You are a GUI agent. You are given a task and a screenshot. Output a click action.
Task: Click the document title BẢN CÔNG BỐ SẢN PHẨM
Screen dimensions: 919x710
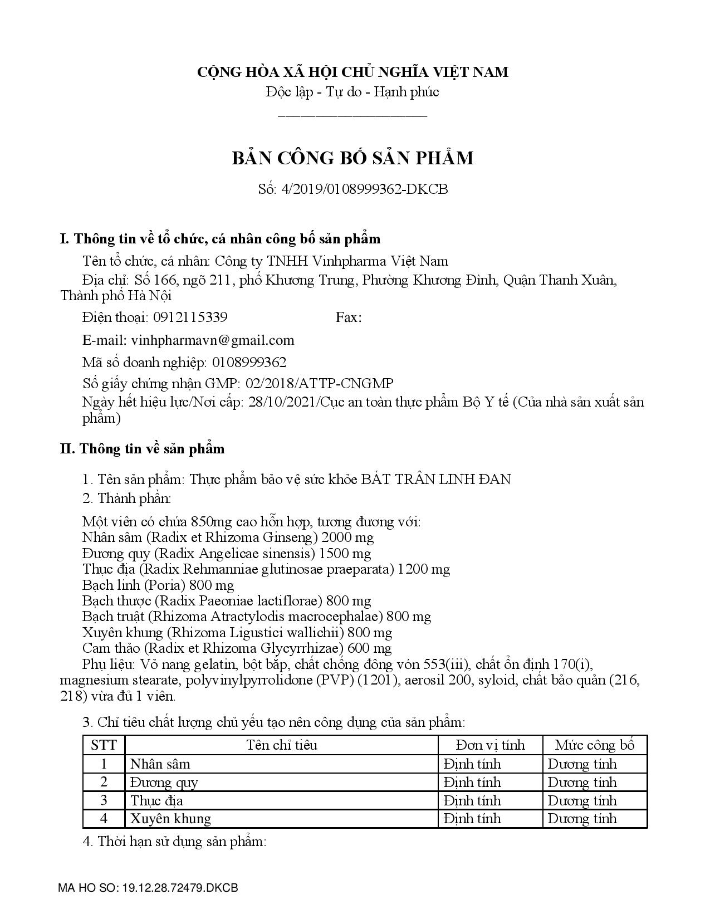click(x=353, y=158)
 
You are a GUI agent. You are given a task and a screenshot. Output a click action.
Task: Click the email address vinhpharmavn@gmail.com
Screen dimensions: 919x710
click(x=212, y=340)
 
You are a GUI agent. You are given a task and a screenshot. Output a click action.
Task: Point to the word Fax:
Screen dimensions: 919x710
click(x=349, y=317)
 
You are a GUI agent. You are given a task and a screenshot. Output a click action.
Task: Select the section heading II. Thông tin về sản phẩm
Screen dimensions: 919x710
click(x=143, y=449)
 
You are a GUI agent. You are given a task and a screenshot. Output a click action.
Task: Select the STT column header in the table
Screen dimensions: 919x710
click(x=104, y=745)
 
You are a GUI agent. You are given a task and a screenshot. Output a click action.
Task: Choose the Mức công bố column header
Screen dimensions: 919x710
click(x=595, y=745)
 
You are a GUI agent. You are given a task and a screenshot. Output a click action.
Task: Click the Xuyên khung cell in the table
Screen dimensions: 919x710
click(x=170, y=819)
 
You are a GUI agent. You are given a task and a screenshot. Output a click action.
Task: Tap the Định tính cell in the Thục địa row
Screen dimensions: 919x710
click(x=472, y=801)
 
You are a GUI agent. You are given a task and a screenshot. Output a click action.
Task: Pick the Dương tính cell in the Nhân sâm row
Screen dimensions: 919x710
click(x=582, y=764)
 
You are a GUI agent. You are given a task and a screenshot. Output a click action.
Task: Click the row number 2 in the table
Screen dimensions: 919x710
click(x=104, y=783)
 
